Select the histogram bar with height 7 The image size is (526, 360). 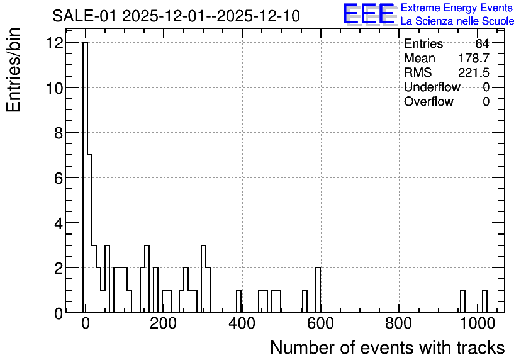[x=89, y=233]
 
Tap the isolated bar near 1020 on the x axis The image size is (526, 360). [x=484, y=301]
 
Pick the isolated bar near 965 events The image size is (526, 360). [x=462, y=301]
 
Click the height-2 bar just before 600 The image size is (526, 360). [x=318, y=290]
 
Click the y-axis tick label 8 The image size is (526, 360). [x=59, y=133]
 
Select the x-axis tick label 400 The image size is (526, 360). [x=242, y=323]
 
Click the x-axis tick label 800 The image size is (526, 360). [x=398, y=323]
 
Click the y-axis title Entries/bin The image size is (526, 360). [x=13, y=70]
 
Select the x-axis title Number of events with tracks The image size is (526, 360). [x=388, y=347]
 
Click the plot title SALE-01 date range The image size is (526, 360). [x=176, y=16]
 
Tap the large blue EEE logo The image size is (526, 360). [x=369, y=14]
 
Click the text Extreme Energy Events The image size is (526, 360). [x=457, y=8]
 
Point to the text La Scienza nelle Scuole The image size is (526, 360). [x=457, y=21]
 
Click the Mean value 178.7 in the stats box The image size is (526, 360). [x=474, y=58]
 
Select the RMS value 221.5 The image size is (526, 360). [x=474, y=72]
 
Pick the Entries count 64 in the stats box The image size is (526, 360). [x=482, y=43]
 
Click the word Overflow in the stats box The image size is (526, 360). [x=428, y=101]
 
